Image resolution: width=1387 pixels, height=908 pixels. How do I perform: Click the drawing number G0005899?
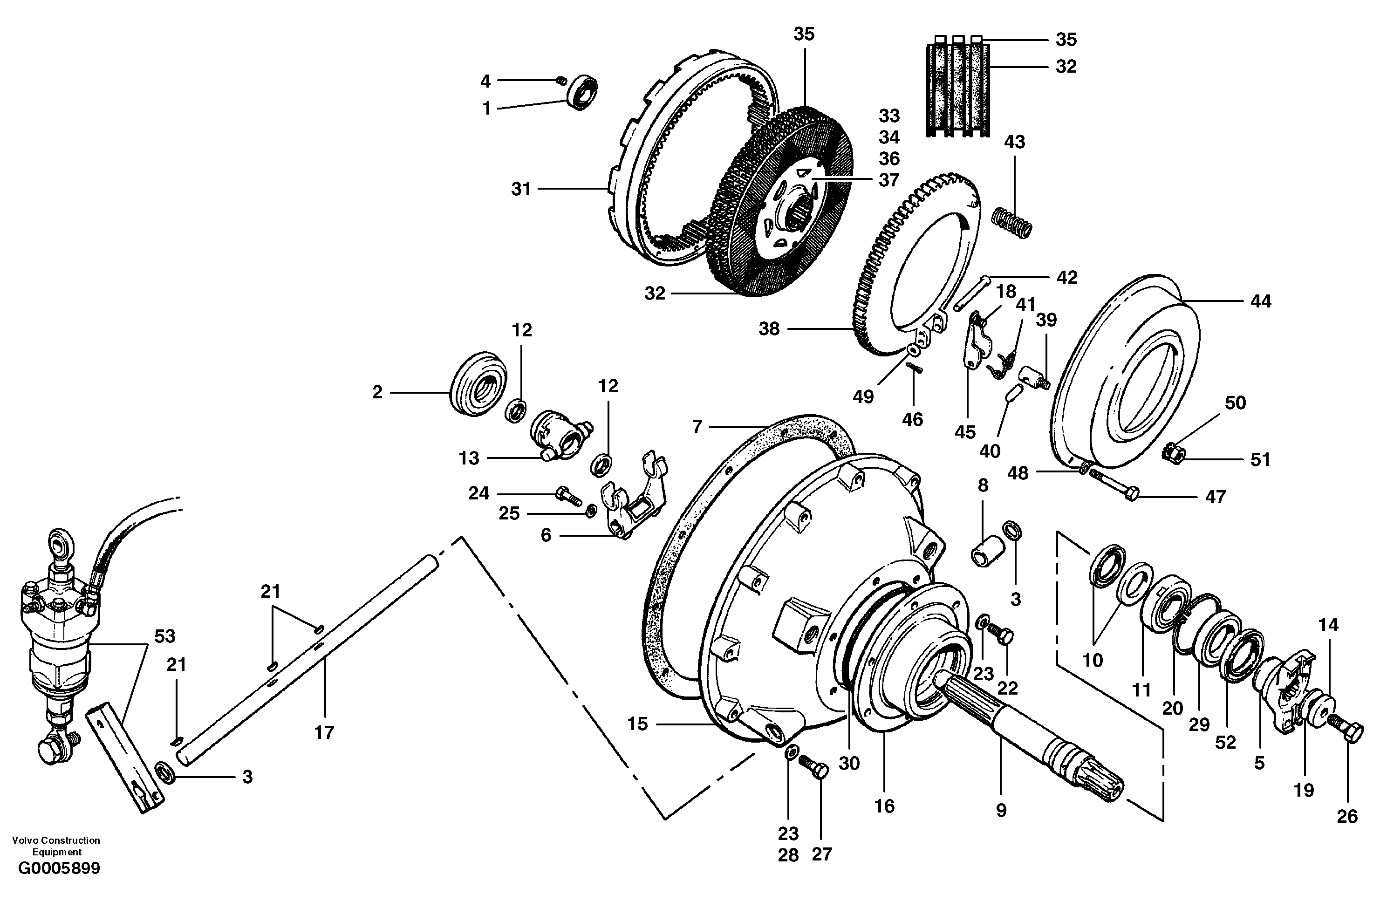tap(59, 869)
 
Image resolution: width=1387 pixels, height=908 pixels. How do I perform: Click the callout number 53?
tap(164, 636)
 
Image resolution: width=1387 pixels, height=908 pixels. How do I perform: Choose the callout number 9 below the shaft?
tap(1001, 810)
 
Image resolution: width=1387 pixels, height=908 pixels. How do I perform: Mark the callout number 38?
tap(769, 329)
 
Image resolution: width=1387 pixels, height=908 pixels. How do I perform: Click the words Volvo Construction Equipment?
tap(56, 846)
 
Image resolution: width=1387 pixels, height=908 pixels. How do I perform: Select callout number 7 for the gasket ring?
tap(697, 427)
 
